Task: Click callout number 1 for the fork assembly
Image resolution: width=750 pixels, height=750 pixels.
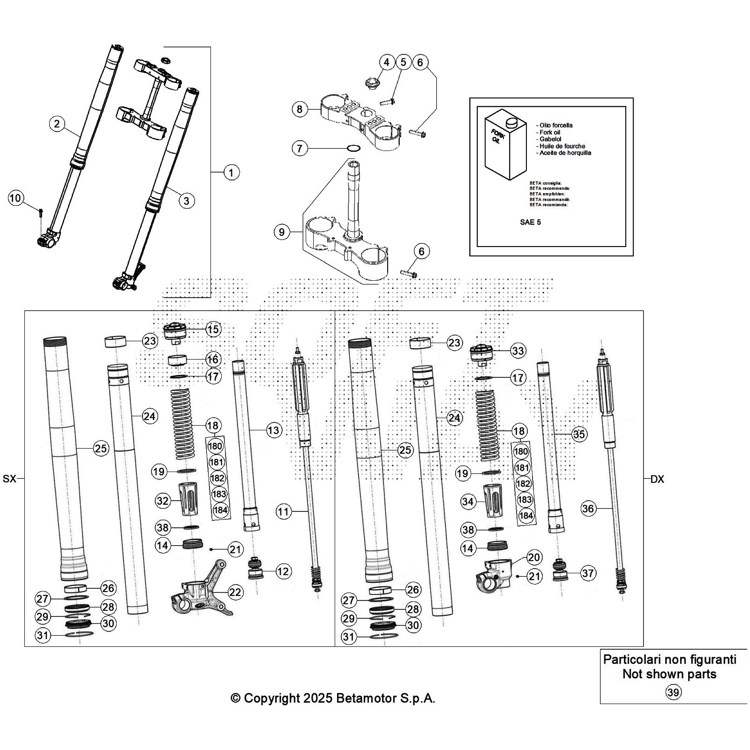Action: pos(231,172)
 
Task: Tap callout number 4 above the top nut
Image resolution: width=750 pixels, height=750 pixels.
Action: pos(386,62)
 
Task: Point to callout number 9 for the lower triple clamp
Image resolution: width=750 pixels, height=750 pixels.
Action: pos(281,232)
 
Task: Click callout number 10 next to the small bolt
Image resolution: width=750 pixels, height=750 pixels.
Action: pos(15,198)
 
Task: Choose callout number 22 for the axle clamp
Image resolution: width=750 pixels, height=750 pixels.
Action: pos(235,592)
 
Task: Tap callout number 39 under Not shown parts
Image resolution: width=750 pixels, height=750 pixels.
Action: pos(673,692)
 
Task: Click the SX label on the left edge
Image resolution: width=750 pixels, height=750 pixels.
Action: pos(9,479)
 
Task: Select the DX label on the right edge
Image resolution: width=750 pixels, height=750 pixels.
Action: pos(657,480)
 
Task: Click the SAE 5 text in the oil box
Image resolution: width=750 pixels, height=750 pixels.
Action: pos(530,222)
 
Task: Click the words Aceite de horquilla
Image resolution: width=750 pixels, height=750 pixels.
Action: pos(565,153)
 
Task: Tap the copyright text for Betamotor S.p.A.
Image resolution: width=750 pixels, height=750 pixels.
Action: pos(333,698)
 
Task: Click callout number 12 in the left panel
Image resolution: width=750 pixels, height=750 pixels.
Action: pos(283,571)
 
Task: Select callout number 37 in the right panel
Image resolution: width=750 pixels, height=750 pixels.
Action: pos(588,573)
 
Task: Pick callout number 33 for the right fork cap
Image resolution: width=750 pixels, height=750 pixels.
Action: pos(518,351)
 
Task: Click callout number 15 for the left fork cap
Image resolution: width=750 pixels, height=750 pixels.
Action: pos(213,329)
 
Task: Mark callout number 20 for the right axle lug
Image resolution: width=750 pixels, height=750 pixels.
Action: pos(534,557)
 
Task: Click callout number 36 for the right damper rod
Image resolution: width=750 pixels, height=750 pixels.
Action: pos(588,509)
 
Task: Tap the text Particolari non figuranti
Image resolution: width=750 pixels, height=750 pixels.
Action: pos(669,660)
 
